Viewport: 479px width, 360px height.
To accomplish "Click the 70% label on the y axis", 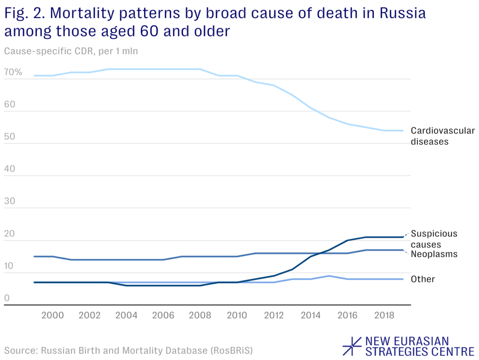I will coord(13,73).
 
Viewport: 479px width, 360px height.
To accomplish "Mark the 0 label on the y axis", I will coord(7,298).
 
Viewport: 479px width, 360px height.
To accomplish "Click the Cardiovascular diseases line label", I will coord(443,136).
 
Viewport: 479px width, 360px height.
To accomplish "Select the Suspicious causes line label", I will coord(434,239).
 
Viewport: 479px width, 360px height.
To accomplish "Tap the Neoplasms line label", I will coord(434,255).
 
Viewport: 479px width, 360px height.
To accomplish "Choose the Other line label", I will coord(423,279).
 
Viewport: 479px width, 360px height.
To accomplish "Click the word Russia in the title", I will coord(402,13).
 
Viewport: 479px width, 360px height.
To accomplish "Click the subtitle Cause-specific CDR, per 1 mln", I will coord(71,51).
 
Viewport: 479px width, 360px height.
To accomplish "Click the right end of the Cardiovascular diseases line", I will coord(403,131).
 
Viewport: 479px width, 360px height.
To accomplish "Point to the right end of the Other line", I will coord(403,279).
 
